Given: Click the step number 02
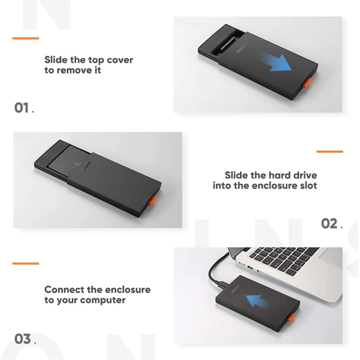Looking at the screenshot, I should click(x=329, y=223).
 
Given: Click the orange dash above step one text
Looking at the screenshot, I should click(x=26, y=38).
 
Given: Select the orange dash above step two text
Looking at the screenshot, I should click(x=330, y=152).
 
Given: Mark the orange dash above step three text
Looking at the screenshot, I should click(x=26, y=263).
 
